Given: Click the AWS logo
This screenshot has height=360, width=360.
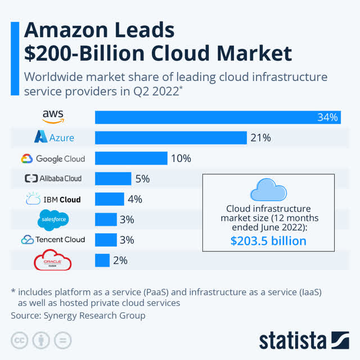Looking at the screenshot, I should pos(53,116).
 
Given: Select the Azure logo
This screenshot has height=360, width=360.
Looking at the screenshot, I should pos(53,137).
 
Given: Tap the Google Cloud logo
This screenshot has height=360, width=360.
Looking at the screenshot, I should pos(53,158).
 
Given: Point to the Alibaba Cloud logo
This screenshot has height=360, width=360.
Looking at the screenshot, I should pos(53,178).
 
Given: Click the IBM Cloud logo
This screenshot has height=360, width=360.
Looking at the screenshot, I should pos(53,199).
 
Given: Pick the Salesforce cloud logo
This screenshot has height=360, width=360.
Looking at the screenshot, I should pos(53,219).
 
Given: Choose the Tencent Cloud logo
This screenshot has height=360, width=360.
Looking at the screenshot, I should pos(53,240).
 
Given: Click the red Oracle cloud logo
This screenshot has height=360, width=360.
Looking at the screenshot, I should pos(53,261).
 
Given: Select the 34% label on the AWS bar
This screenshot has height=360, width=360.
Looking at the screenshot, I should pos(327,118).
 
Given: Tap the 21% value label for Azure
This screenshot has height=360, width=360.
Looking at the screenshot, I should pos(262,138).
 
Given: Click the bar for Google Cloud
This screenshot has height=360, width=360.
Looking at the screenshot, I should pos(131,158).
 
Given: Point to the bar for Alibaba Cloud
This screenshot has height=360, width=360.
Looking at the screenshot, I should pos(112,179).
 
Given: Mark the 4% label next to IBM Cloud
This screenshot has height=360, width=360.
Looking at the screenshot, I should pos(134,199).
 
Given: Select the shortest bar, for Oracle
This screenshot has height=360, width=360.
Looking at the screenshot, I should pos(102,260).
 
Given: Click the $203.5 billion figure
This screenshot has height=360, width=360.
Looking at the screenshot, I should pos(268,241).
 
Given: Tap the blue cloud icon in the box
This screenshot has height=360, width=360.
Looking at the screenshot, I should pos(268,190).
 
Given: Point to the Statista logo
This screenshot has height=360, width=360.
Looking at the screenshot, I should pos(304,340).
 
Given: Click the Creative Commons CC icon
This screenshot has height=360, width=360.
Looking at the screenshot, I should pos(20,340).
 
